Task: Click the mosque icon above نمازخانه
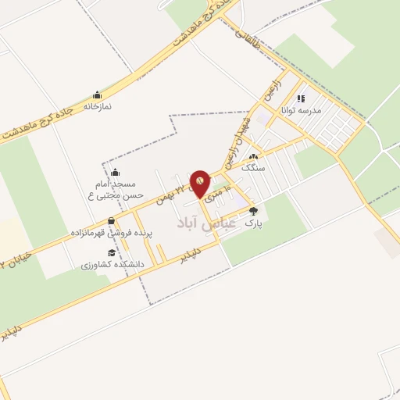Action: coord(97,94)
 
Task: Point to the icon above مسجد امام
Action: coord(115,173)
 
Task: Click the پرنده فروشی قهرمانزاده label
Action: coord(111,233)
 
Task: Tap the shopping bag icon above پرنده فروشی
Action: coord(111,221)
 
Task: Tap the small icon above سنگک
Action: coord(252,156)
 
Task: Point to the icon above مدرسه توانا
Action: coord(302,98)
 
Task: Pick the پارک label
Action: coord(252,222)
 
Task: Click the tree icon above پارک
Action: coord(252,210)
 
